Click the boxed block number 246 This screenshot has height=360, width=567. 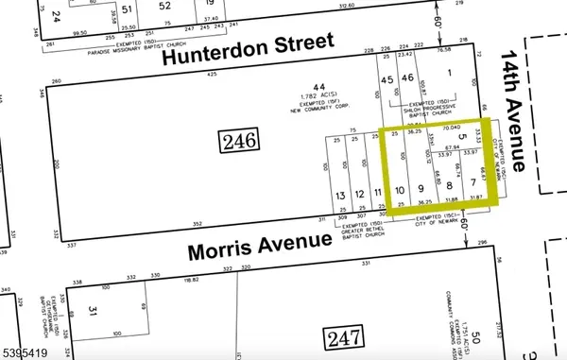[240, 142]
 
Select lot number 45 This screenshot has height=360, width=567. [387, 80]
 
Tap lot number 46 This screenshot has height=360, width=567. [407, 80]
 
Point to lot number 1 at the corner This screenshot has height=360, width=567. [450, 73]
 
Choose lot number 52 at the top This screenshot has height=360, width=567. [165, 6]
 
